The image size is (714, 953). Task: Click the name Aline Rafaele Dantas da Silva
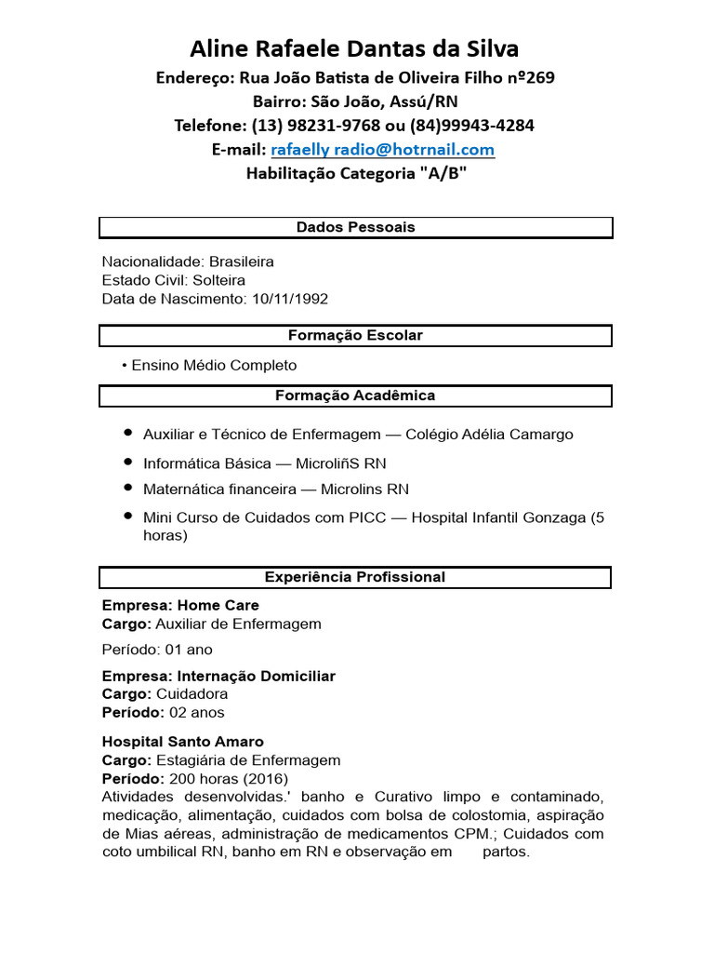coord(355,48)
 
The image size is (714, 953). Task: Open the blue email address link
coord(382,149)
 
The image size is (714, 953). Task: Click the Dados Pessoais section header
coord(355,227)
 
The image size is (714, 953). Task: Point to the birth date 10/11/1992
coord(289,299)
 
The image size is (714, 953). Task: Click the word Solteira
coord(219,280)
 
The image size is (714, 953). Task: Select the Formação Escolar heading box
coord(355,335)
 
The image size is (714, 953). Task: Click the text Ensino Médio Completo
coord(214,365)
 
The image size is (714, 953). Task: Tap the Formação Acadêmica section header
coord(355,396)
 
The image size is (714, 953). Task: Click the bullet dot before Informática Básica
coord(127,463)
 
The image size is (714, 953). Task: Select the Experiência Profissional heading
coord(355,577)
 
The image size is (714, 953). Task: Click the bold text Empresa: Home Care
coord(180,605)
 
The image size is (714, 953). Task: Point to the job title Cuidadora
coord(192,694)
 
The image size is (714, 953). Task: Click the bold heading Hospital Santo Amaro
coord(182,742)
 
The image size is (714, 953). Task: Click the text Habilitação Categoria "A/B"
coord(355,173)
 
